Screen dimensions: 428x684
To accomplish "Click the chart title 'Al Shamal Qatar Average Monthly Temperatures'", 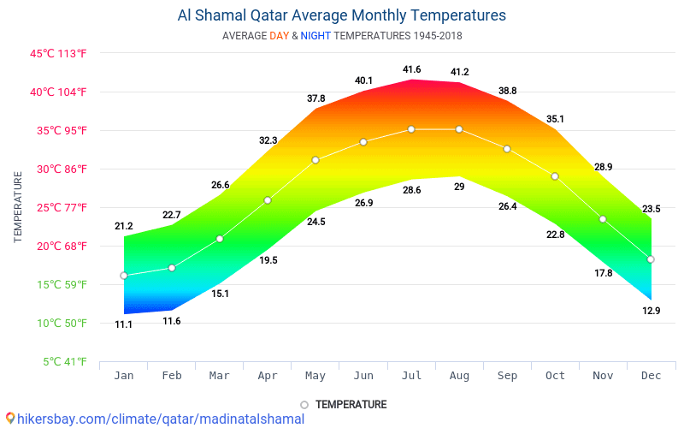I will (x=341, y=15).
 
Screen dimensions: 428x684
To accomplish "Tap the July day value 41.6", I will (x=411, y=69).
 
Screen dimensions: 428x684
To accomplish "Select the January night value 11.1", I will (x=124, y=324).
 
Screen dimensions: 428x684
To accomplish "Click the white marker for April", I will (x=268, y=200).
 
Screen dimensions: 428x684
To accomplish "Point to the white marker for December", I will (x=651, y=259).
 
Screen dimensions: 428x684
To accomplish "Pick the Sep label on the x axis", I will (x=507, y=375).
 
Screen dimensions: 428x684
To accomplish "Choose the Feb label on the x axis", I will (x=172, y=375).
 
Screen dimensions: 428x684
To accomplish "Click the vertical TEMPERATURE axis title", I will (x=18, y=207).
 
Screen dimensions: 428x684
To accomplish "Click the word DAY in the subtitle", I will (x=279, y=36).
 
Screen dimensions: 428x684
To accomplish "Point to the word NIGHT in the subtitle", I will (x=315, y=36).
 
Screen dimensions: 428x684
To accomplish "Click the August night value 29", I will (x=459, y=187).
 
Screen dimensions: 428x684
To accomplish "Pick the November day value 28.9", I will (x=604, y=167).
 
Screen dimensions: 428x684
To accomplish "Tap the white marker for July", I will (x=411, y=129).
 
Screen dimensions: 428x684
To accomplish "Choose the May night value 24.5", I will (x=315, y=222).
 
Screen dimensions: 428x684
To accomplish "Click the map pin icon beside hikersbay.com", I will (x=9, y=419).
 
